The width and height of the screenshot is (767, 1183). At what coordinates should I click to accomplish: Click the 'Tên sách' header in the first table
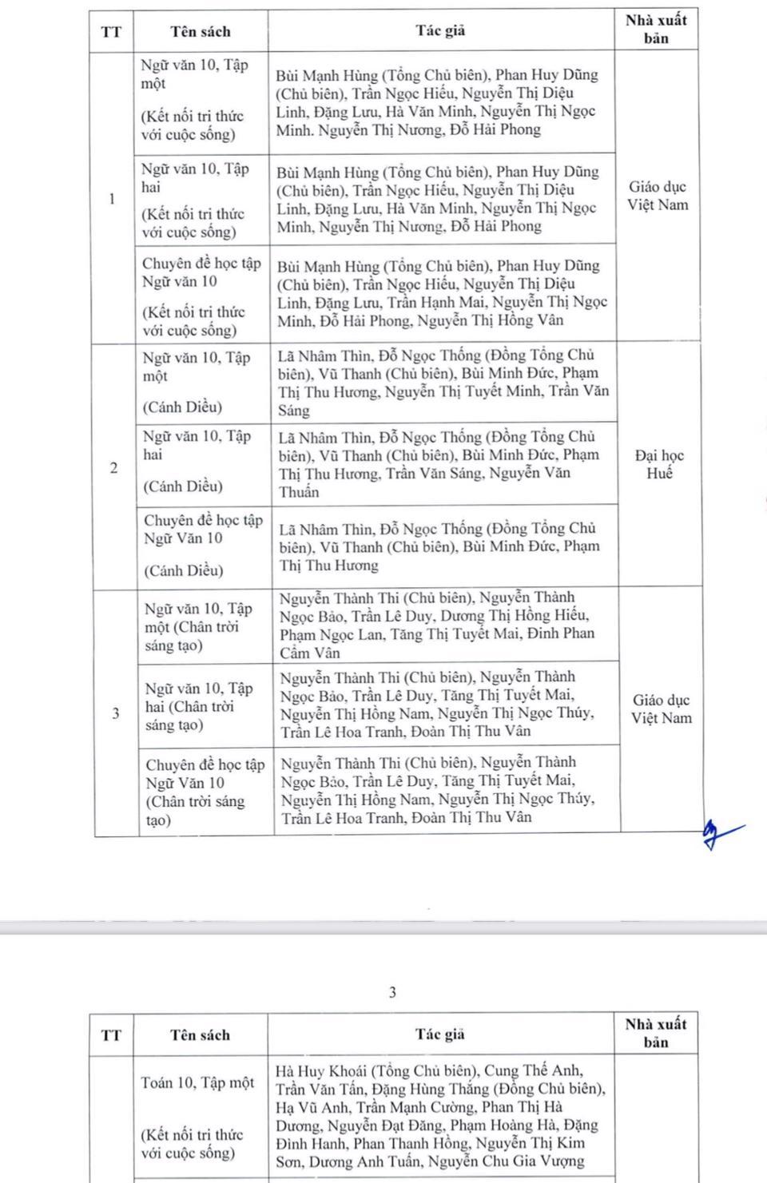tap(200, 32)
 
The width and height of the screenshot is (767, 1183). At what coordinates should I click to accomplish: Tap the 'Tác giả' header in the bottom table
tap(440, 1034)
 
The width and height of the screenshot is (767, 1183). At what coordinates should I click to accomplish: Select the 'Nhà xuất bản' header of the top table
tap(656, 29)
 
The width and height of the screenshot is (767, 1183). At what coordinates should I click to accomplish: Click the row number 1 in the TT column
tap(112, 199)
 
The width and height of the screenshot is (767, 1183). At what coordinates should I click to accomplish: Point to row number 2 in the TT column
tap(113, 468)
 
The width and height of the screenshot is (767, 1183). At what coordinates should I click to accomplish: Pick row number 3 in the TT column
tap(115, 713)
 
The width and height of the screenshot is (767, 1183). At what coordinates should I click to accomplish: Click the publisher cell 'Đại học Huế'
tap(659, 464)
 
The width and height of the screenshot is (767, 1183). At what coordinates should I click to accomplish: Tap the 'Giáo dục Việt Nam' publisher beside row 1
tap(657, 196)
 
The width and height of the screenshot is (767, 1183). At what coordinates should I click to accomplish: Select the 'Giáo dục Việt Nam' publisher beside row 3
tap(661, 709)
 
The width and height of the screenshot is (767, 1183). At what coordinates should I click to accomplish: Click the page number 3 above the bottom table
tap(392, 993)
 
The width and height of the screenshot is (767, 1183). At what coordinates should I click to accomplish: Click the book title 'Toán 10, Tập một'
tap(197, 1083)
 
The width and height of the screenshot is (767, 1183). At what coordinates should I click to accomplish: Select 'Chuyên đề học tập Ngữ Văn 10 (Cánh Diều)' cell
tap(203, 545)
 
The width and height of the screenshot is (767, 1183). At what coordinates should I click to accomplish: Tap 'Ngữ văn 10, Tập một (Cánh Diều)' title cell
tap(197, 382)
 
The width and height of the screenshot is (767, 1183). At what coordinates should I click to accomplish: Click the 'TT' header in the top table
tap(111, 32)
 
